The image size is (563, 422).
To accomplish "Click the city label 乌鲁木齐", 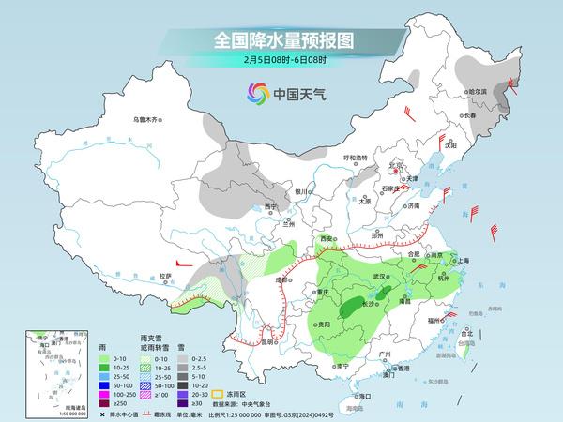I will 147,119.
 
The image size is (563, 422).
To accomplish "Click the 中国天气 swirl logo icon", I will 257,93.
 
